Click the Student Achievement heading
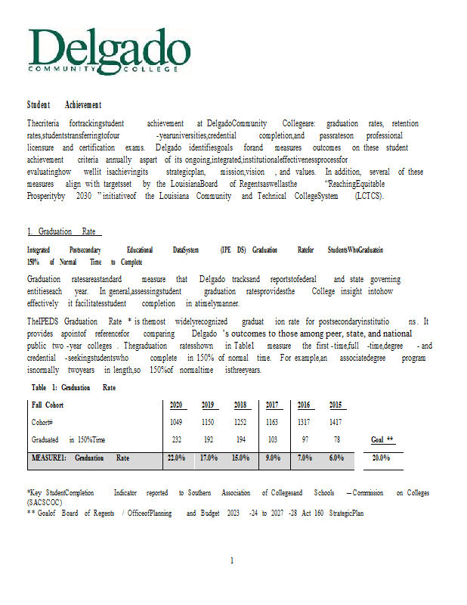64,104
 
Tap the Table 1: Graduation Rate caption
73,387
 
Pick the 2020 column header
176,405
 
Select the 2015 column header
336,405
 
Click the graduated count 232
176,439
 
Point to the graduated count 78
336,439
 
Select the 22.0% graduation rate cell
176,458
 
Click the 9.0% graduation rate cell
273,458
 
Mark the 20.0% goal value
382,458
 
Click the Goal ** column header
382,439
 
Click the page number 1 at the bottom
232,560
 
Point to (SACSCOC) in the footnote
46,501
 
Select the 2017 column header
273,405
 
